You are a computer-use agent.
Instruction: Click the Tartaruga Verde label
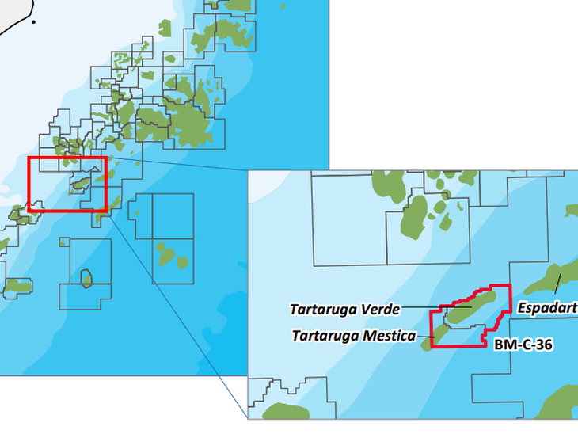pyautogui.click(x=344, y=309)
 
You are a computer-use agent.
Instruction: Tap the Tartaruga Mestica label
pyautogui.click(x=353, y=336)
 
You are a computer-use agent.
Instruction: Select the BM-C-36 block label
pyautogui.click(x=523, y=345)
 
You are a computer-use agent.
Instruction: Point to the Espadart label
pyautogui.click(x=547, y=306)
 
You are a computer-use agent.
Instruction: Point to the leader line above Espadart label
pyautogui.click(x=557, y=284)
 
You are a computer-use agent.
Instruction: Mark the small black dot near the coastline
pyautogui.click(x=33, y=22)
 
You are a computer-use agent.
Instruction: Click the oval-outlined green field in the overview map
pyautogui.click(x=86, y=278)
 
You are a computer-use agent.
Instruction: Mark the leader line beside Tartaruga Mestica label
pyautogui.click(x=426, y=337)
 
